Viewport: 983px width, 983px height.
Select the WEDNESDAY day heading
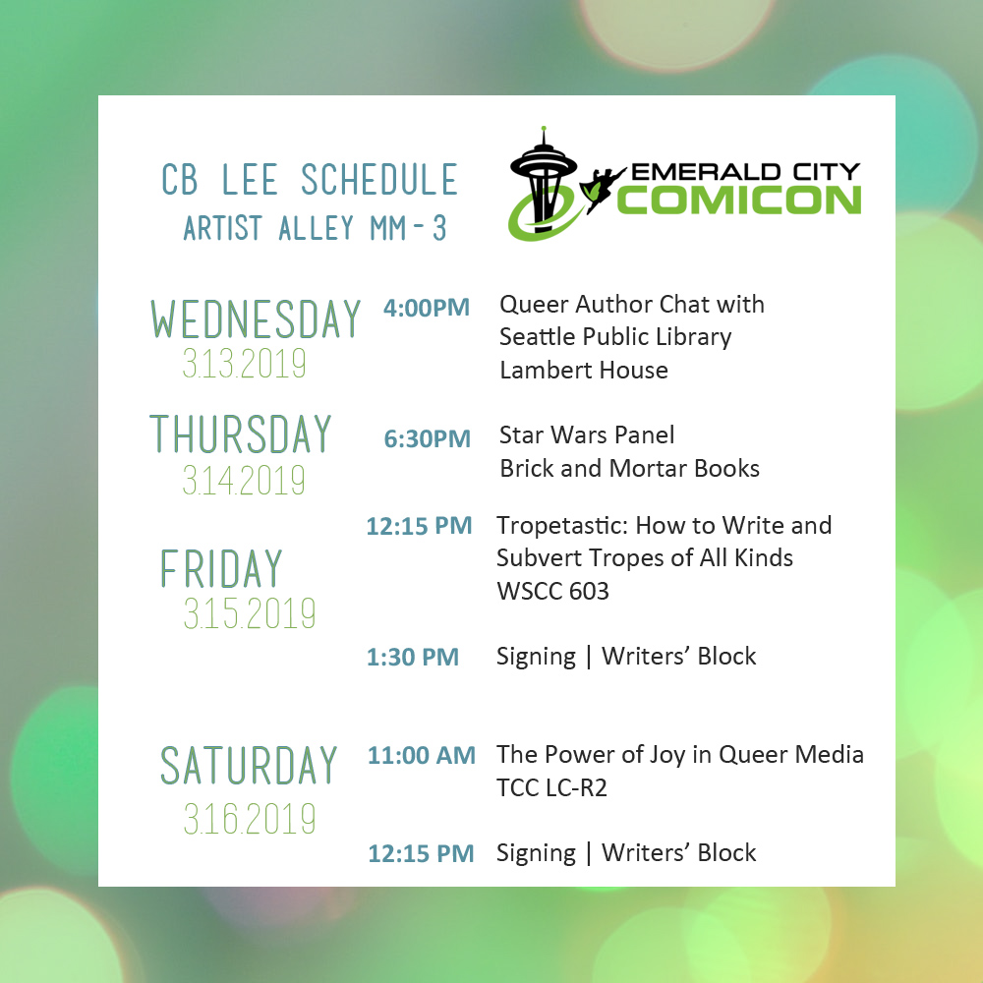tap(256, 319)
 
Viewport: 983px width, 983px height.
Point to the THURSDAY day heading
tap(241, 434)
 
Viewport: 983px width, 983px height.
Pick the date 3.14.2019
tap(244, 481)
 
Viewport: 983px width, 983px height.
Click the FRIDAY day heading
tap(221, 569)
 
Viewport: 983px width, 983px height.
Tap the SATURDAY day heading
tap(249, 766)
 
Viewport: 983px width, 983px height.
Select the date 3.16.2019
tap(249, 818)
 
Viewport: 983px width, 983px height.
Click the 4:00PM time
tap(427, 308)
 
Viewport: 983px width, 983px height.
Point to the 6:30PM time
tap(428, 438)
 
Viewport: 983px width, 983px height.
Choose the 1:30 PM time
tap(413, 658)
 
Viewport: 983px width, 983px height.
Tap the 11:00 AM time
tap(422, 756)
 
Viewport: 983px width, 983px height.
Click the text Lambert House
tap(583, 371)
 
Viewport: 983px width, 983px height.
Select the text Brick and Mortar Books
tap(629, 468)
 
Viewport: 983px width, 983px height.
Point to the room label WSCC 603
tap(552, 591)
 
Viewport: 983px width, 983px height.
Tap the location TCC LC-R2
tap(551, 787)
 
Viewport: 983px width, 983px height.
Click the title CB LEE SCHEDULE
tap(310, 181)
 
